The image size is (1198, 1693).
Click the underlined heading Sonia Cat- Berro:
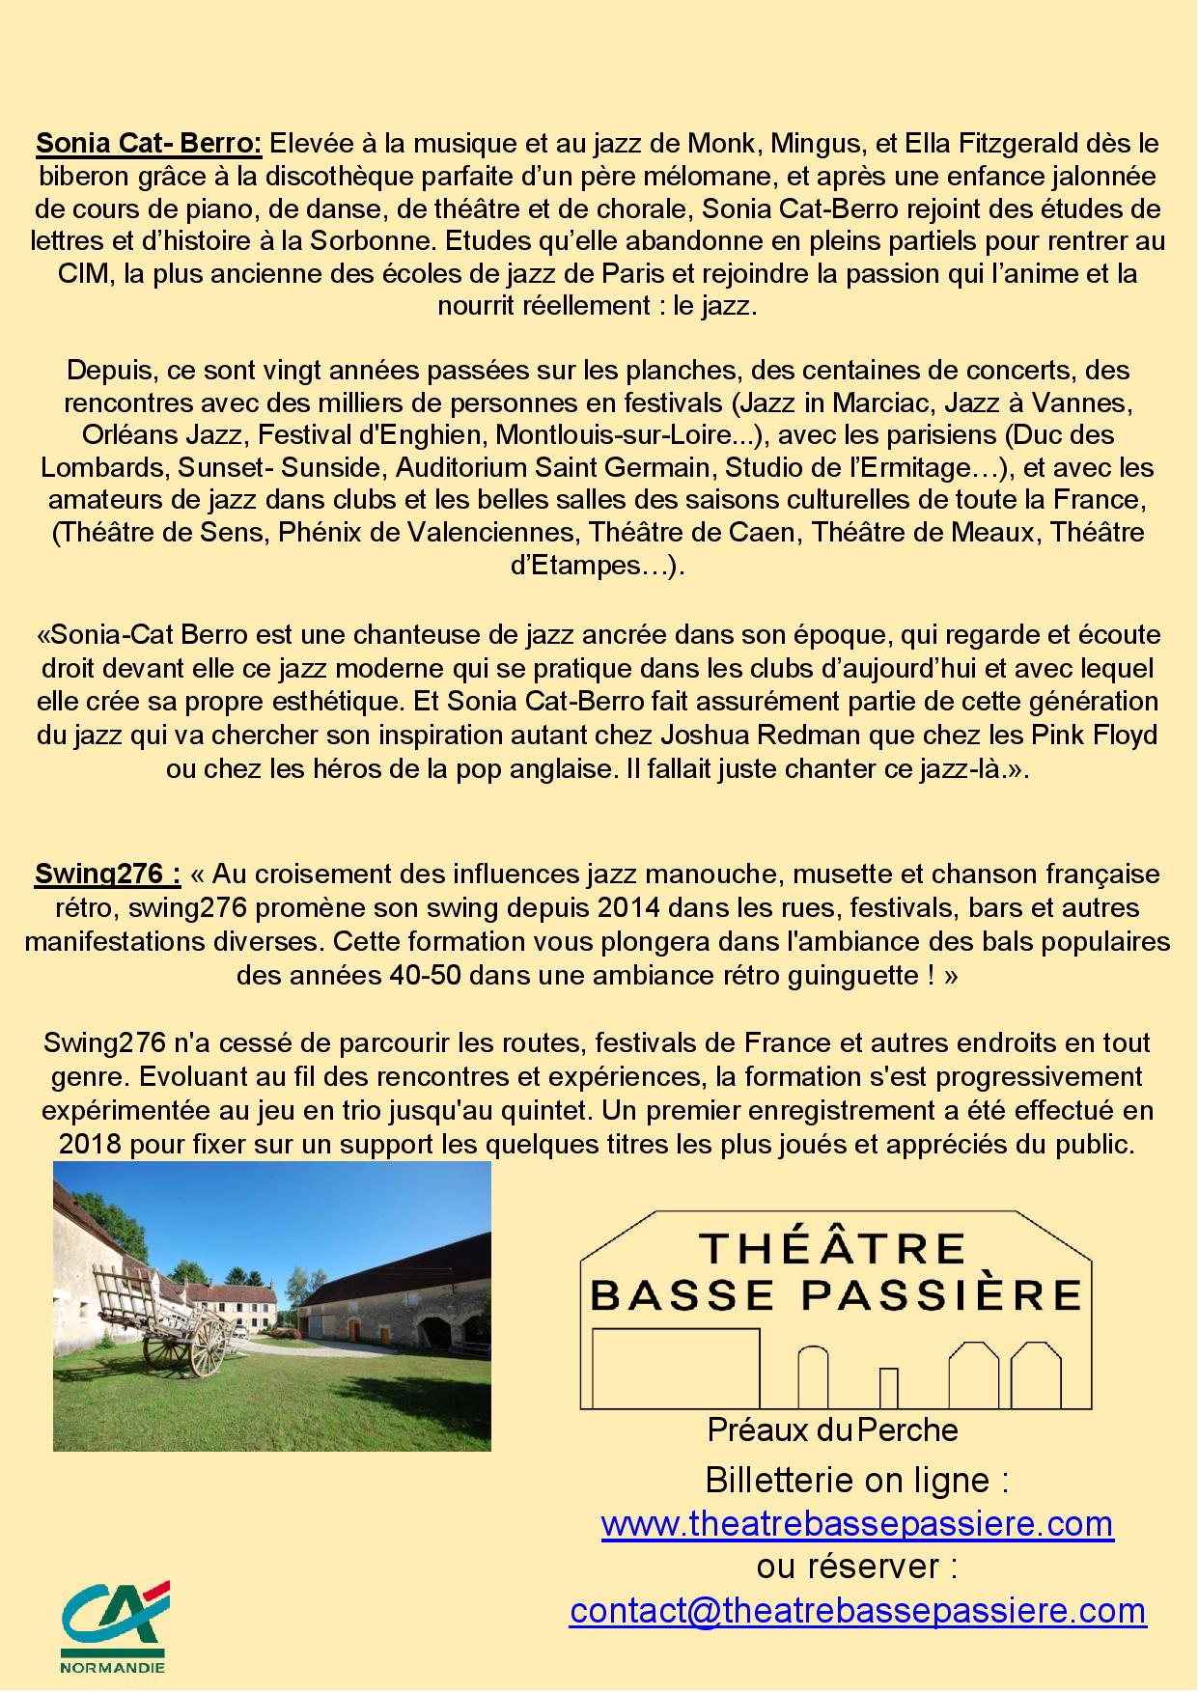pyautogui.click(x=149, y=144)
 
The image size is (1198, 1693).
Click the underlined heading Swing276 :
pyautogui.click(x=107, y=874)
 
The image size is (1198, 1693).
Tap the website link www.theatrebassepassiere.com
pyautogui.click(x=857, y=1523)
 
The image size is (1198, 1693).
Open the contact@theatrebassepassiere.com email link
pyautogui.click(x=857, y=1610)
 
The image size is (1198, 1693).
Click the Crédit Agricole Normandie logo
pyautogui.click(x=114, y=1626)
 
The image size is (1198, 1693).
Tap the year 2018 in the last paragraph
pyautogui.click(x=90, y=1144)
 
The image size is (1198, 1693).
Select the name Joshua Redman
pyautogui.click(x=760, y=735)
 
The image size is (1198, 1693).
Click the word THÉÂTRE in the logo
pyautogui.click(x=832, y=1249)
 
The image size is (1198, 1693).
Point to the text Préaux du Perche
pyautogui.click(x=832, y=1429)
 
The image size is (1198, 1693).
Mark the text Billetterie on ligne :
pyautogui.click(x=857, y=1480)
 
